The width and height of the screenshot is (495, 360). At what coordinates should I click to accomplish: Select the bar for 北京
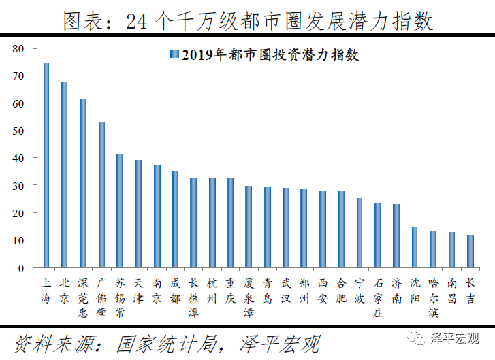click(65, 175)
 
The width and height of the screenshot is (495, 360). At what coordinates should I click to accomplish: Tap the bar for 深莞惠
click(83, 183)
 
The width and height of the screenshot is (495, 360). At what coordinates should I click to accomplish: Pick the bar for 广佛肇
click(101, 195)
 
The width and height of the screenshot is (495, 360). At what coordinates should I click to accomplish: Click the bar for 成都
click(175, 220)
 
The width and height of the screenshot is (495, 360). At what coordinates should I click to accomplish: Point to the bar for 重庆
click(230, 223)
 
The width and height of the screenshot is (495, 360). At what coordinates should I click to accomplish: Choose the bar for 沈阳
click(415, 248)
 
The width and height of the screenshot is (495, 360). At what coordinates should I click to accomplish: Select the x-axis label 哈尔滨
click(434, 297)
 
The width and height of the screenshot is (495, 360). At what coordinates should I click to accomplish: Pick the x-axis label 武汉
click(286, 291)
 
